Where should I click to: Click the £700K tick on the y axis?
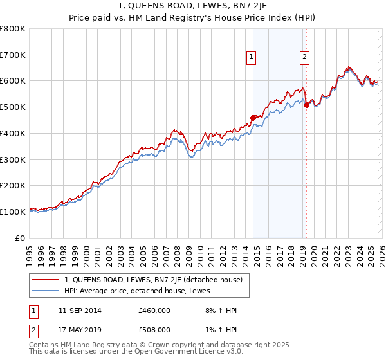(x=13, y=55)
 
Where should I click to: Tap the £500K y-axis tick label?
(x=13, y=107)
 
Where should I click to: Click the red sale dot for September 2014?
(x=253, y=118)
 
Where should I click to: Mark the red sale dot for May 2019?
(x=306, y=105)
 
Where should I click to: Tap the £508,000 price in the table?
(x=154, y=330)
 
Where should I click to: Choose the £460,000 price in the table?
(x=154, y=310)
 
